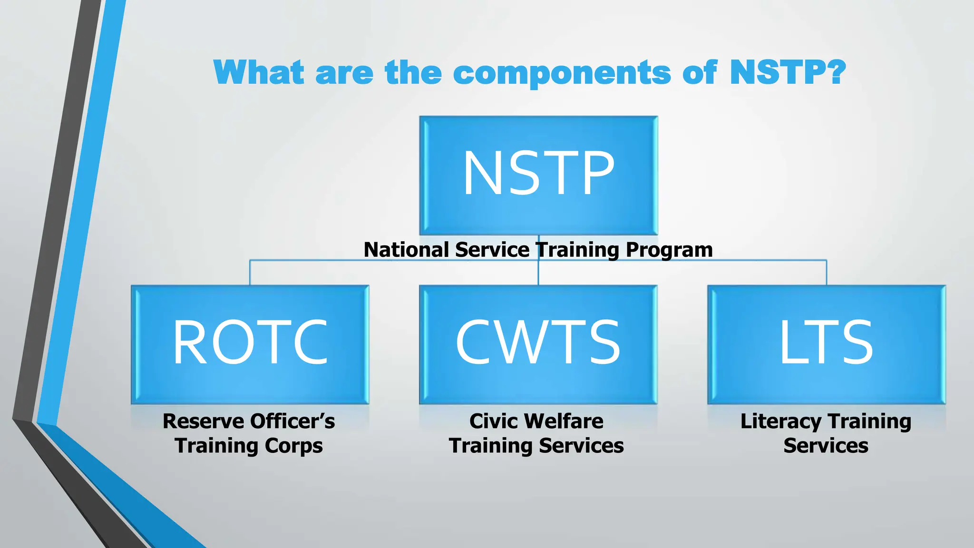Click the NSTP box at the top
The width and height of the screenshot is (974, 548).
tap(538, 175)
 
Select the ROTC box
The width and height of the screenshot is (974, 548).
tap(250, 344)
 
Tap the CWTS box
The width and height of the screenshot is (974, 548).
tap(538, 344)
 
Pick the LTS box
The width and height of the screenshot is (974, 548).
tap(826, 344)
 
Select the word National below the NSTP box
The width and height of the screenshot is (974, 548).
tap(406, 250)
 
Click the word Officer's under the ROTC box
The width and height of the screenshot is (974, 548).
tap(292, 421)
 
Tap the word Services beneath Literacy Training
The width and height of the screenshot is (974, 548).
tap(826, 446)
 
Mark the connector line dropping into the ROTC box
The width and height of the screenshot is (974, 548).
tap(250, 273)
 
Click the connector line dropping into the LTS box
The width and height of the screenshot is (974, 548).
tap(827, 273)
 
